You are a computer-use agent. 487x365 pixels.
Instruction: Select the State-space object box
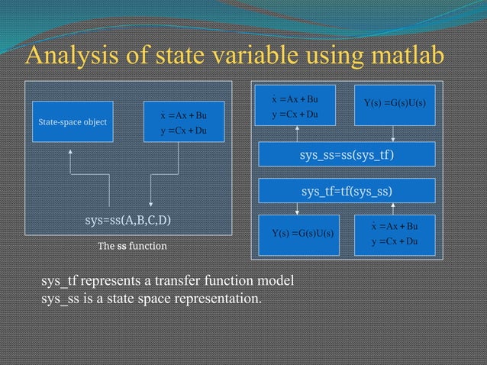(73, 121)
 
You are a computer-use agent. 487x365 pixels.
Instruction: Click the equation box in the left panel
(183, 121)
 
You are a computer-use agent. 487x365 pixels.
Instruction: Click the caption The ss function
(131, 247)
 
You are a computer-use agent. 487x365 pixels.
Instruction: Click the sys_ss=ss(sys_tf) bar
(347, 157)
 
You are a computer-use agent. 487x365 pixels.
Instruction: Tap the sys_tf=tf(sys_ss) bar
(347, 190)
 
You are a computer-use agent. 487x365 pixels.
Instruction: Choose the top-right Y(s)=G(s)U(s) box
(395, 104)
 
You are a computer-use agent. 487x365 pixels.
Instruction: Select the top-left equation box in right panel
(299, 106)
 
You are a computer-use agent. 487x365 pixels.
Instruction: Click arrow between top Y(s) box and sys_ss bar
(393, 134)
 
